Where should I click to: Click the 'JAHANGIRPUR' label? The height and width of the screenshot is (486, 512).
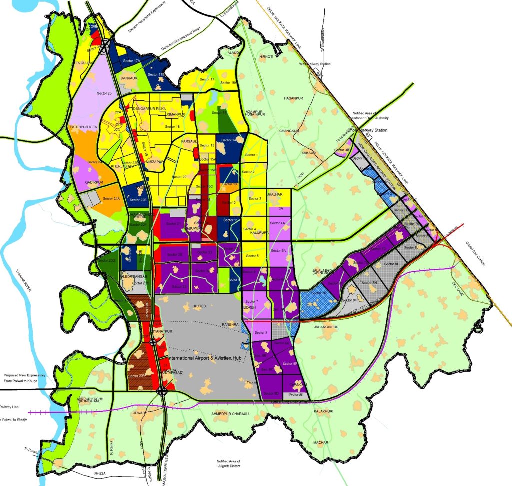(x=327, y=327)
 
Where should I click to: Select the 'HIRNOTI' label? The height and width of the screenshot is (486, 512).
(x=266, y=57)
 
